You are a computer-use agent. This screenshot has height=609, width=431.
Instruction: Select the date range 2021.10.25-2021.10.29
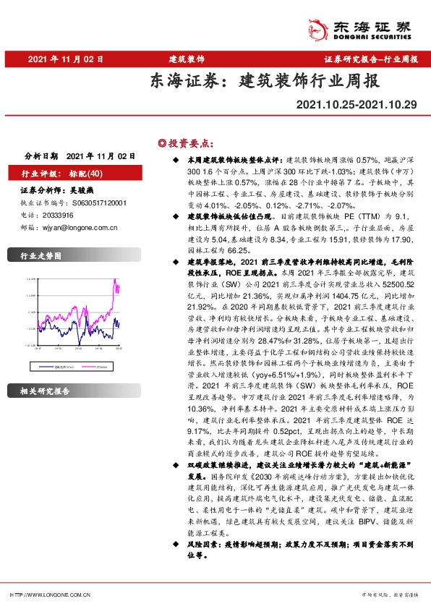[357, 105]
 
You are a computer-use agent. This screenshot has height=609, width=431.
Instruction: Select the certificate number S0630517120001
[95, 203]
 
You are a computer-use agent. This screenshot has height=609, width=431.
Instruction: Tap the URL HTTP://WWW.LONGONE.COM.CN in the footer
[49, 595]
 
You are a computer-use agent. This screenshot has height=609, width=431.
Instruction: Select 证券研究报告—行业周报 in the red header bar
[370, 59]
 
